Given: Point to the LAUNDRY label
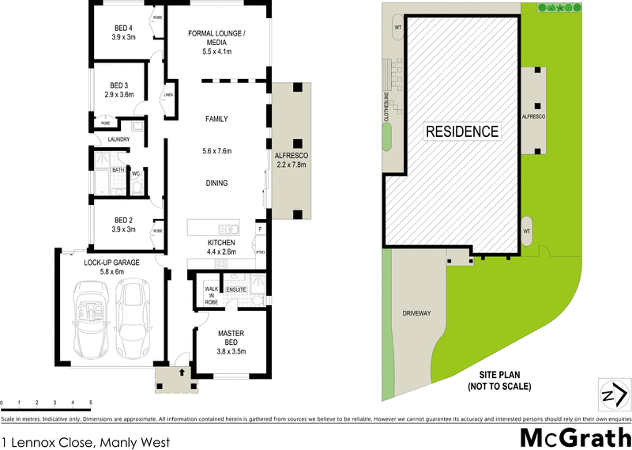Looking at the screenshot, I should (118, 140).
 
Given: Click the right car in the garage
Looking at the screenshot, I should (132, 319).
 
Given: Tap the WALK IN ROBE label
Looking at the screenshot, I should (211, 295).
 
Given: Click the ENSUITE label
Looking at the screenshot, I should (236, 290).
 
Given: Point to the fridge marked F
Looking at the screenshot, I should (260, 229).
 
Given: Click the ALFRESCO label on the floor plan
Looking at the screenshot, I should (290, 156).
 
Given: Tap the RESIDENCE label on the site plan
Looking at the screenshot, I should (463, 132).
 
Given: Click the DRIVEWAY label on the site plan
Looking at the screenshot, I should (416, 313).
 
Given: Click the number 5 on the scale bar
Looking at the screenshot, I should (91, 403).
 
